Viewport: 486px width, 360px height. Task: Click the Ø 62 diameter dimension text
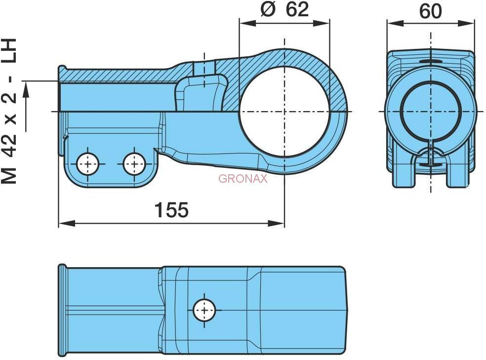[284, 9]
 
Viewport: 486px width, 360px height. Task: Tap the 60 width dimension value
[431, 11]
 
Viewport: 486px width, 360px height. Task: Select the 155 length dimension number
[171, 210]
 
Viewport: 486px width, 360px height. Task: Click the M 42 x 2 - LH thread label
[9, 111]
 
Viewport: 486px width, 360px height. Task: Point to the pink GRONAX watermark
[243, 179]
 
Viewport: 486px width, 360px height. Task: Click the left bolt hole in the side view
[88, 163]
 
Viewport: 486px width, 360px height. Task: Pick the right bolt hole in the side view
[134, 163]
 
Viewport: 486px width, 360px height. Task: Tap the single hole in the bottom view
[204, 310]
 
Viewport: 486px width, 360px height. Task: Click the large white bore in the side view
[284, 111]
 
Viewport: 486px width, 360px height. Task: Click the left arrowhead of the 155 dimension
[67, 223]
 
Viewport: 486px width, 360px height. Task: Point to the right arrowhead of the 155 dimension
[276, 223]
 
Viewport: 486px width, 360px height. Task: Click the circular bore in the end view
[431, 111]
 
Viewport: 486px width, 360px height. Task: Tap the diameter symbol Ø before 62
[268, 9]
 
